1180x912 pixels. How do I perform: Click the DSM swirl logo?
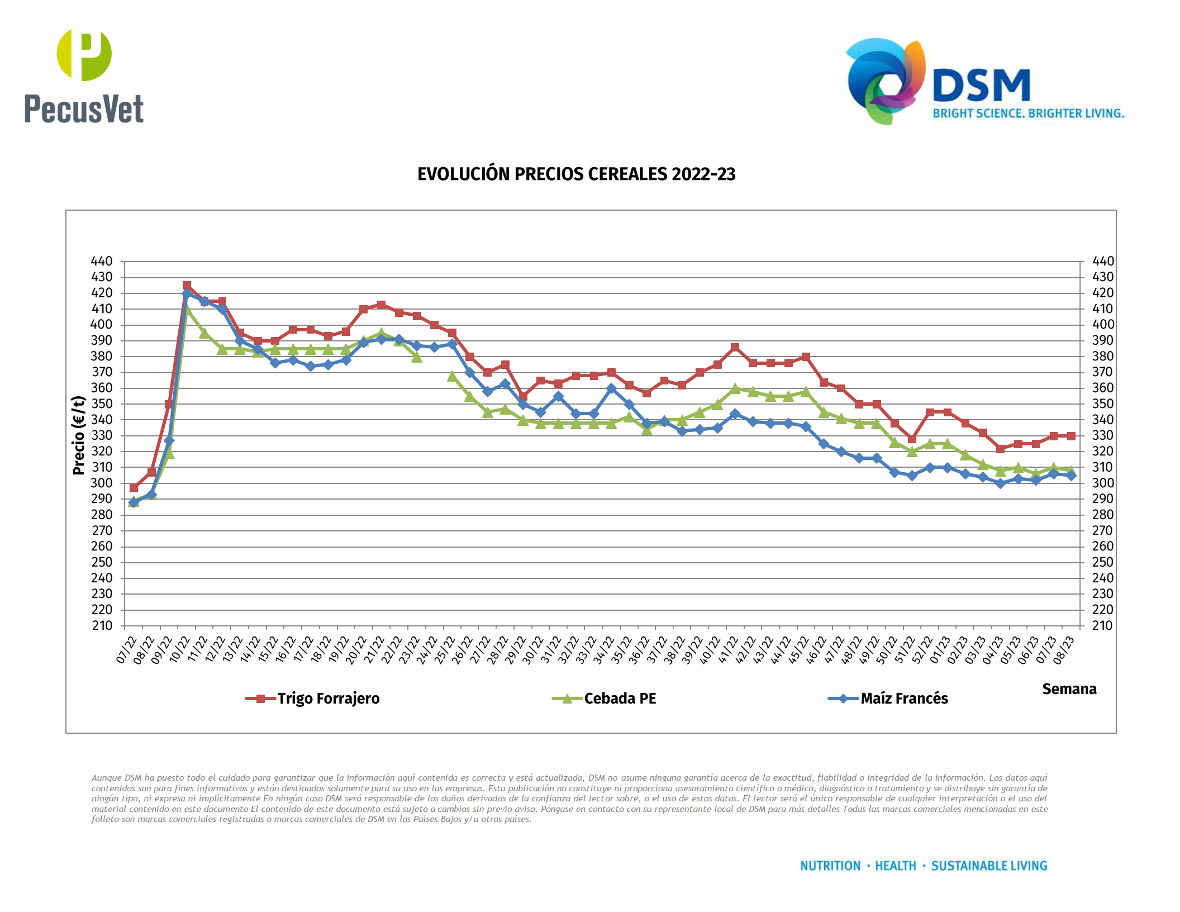pos(886,81)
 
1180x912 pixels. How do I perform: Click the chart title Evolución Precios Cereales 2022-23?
pos(576,174)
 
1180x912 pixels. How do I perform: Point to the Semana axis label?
pos(1069,689)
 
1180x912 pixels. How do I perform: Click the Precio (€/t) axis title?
pos(79,435)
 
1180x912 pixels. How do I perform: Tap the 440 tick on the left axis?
pos(102,261)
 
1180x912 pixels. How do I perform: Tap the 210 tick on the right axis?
pos(1102,626)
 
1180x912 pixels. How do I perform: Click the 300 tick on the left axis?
pos(102,483)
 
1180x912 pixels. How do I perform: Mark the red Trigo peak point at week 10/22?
pos(187,286)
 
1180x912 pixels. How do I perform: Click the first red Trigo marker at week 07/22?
pos(134,488)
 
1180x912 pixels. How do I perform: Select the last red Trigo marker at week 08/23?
pos(1071,436)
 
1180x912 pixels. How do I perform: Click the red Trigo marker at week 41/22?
pos(735,348)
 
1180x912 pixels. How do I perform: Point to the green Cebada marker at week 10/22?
pos(187,310)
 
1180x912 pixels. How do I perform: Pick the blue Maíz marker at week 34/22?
pos(611,388)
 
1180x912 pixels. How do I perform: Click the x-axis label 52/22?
pos(922,649)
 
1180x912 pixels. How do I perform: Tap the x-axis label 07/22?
pos(126,649)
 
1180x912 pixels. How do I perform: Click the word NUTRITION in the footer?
pos(830,866)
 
